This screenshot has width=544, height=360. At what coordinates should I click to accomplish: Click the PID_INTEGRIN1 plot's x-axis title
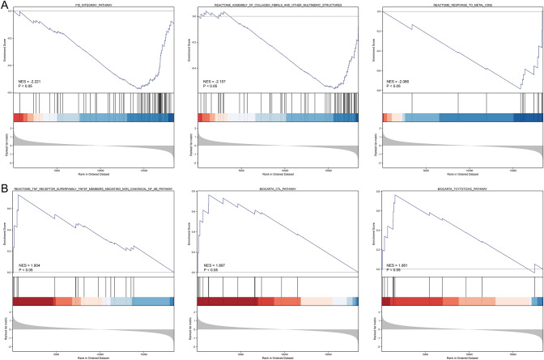click(x=92, y=173)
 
